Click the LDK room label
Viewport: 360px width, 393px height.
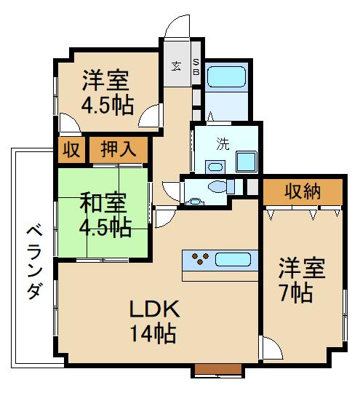155,309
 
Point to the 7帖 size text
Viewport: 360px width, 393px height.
298,293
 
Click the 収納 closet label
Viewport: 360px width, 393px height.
302,192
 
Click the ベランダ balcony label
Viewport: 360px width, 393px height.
32,262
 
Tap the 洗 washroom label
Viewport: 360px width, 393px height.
222,143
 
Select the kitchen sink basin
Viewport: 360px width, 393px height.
233,258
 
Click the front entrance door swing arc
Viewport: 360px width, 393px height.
175,28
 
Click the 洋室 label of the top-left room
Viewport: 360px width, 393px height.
106,79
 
